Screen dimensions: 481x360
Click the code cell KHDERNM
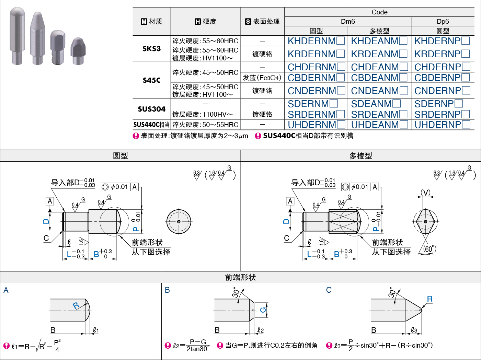(316, 41)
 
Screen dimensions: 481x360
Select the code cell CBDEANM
(379, 78)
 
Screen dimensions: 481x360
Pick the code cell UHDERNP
(442, 125)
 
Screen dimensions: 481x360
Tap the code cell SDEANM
(376, 104)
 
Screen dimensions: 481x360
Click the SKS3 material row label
(152, 49)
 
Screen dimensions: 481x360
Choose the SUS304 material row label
(152, 109)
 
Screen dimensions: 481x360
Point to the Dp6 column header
(443, 22)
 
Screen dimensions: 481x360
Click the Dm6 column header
(348, 22)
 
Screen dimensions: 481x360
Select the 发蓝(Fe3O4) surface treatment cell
(262, 78)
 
